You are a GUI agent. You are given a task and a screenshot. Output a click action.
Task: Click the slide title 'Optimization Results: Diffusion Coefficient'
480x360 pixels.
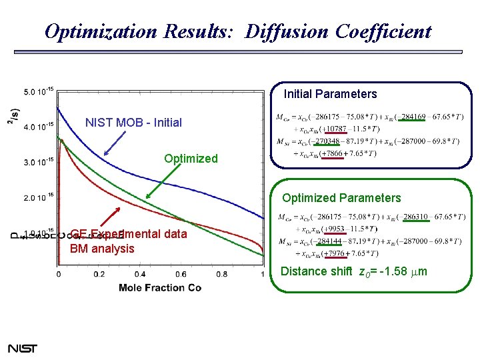pyautogui.click(x=237, y=31)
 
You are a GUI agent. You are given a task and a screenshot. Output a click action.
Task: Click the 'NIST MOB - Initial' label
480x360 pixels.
pyautogui.click(x=133, y=123)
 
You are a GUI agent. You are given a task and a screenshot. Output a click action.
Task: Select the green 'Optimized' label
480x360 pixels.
pyautogui.click(x=191, y=159)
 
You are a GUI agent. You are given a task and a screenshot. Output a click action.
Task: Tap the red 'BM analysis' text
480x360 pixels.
pyautogui.click(x=102, y=249)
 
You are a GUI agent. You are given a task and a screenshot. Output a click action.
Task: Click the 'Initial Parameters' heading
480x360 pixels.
pyautogui.click(x=330, y=94)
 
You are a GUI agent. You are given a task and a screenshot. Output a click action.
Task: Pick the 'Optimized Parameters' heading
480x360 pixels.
pyautogui.click(x=341, y=198)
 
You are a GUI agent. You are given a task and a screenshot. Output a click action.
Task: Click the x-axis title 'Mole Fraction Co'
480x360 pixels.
pyautogui.click(x=160, y=288)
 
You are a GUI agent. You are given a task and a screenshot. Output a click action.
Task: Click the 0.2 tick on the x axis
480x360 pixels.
pyautogui.click(x=99, y=274)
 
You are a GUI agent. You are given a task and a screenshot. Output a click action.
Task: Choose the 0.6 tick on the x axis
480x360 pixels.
pyautogui.click(x=181, y=274)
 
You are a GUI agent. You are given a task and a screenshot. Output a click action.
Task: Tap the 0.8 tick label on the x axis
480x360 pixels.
pyautogui.click(x=221, y=274)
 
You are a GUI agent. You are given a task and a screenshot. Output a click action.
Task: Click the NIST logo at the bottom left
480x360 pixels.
pyautogui.click(x=23, y=348)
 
